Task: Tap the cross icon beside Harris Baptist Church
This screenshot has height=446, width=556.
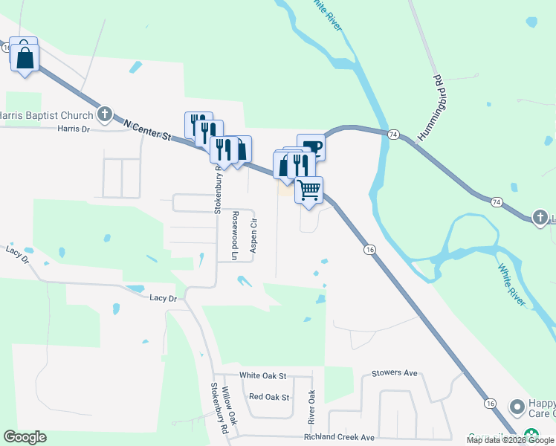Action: click(105, 114)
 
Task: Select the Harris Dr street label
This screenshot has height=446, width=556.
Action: click(73, 129)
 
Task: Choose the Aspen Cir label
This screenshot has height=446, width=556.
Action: click(253, 234)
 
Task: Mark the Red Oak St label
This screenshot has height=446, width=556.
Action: click(269, 398)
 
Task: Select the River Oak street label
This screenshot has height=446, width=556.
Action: click(312, 407)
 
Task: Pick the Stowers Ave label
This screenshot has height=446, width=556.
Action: click(395, 373)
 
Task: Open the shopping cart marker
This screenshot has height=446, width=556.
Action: click(308, 188)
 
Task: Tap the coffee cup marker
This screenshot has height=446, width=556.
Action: click(311, 146)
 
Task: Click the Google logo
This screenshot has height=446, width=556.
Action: click(25, 437)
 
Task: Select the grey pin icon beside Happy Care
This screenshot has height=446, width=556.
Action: click(517, 407)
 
